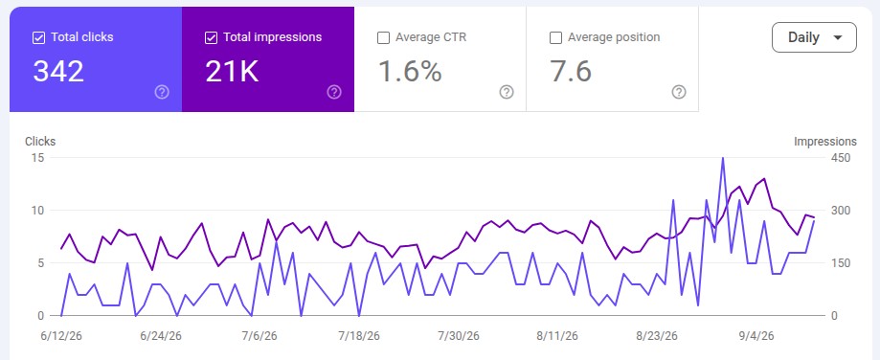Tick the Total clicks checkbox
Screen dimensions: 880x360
click(x=38, y=37)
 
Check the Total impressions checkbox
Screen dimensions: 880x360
click(x=211, y=37)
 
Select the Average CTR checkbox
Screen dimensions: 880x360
click(x=383, y=37)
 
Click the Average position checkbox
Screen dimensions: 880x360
click(x=555, y=37)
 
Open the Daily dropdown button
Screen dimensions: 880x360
click(x=814, y=37)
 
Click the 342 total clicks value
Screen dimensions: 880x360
click(x=58, y=72)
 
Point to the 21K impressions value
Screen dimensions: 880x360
click(x=232, y=72)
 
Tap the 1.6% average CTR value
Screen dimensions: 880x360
click(x=410, y=72)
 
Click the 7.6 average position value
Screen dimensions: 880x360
click(x=570, y=72)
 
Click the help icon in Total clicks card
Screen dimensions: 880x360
click(x=162, y=92)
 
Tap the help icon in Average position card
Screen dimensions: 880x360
click(x=679, y=92)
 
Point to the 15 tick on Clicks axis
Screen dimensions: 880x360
click(x=37, y=158)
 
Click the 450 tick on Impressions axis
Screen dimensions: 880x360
click(x=841, y=158)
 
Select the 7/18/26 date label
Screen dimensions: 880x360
click(x=359, y=336)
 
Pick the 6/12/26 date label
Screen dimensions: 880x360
click(x=60, y=336)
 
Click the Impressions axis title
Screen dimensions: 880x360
click(x=825, y=142)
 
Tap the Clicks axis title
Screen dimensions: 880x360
click(x=40, y=142)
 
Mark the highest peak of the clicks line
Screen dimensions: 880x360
click(x=722, y=158)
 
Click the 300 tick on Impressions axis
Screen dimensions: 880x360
click(x=841, y=211)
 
